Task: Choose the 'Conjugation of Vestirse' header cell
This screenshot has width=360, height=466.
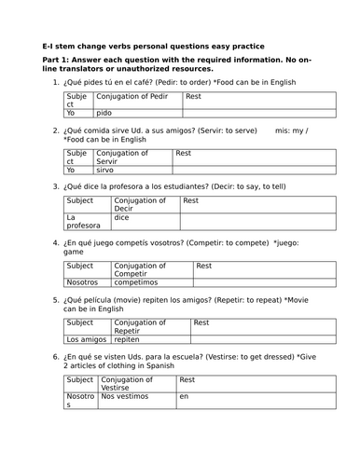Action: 136,384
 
